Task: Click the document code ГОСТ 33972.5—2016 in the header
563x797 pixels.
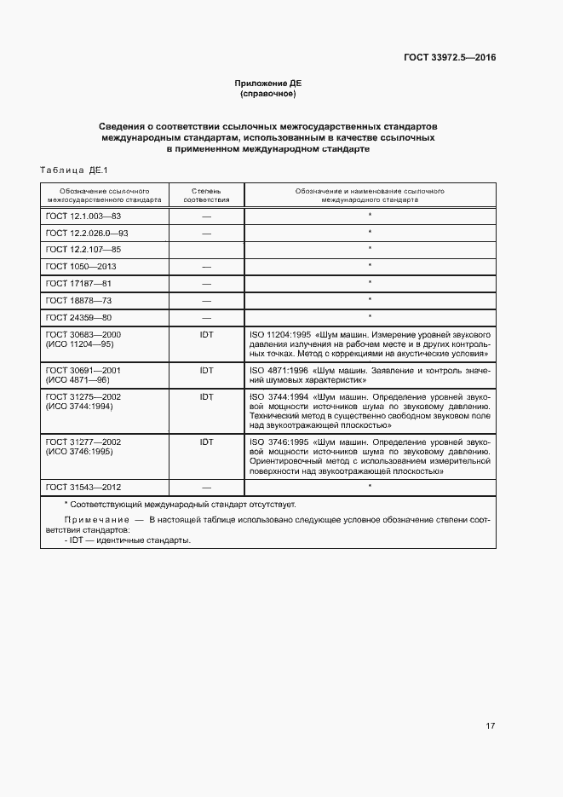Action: point(449,57)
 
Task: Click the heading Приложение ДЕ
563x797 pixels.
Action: point(267,83)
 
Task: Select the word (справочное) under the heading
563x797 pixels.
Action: point(267,93)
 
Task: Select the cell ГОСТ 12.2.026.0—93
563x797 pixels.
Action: point(87,233)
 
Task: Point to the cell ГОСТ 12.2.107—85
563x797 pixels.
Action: point(83,249)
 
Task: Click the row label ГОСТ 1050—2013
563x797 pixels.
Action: point(81,266)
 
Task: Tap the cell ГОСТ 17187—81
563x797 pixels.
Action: point(78,283)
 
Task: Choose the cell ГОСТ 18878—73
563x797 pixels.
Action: point(78,300)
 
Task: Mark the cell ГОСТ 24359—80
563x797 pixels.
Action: point(78,317)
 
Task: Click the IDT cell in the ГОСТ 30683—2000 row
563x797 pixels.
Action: point(206,335)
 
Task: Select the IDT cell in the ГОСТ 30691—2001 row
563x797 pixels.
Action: point(206,371)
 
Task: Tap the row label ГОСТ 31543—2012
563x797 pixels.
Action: point(83,487)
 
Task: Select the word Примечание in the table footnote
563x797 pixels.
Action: point(94,519)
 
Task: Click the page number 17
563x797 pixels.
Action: point(490,726)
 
